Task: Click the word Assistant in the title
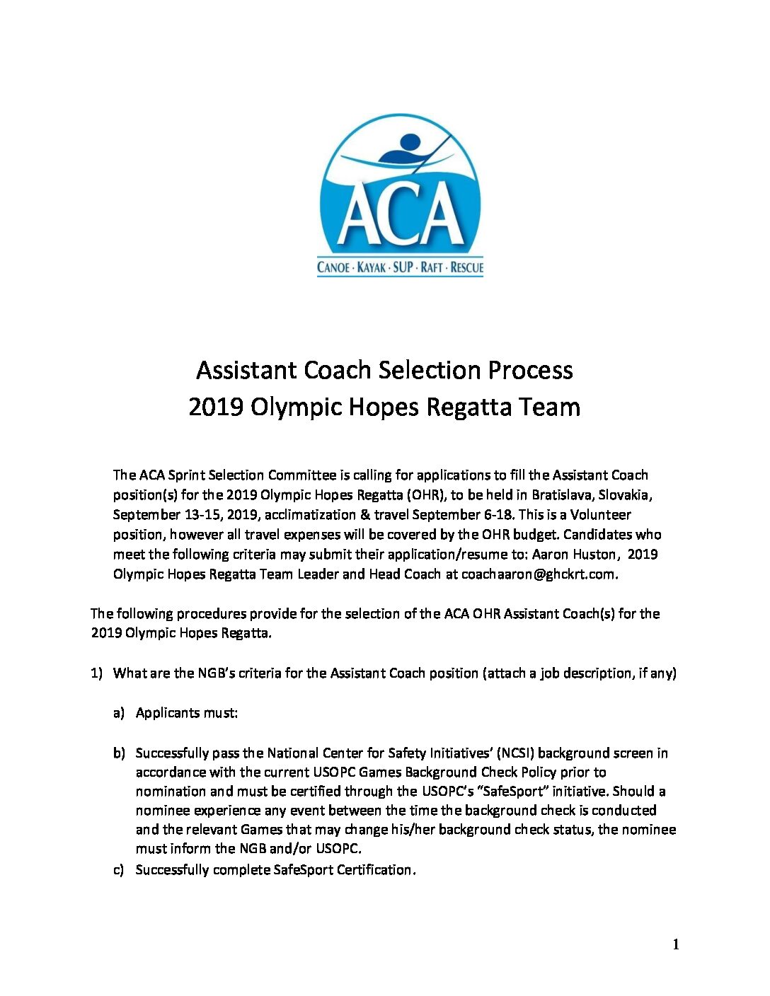pyautogui.click(x=247, y=370)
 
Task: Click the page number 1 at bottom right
pyautogui.click(x=676, y=944)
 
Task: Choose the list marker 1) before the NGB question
pyautogui.click(x=97, y=673)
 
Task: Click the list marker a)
pyautogui.click(x=119, y=712)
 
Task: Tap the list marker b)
pyautogui.click(x=119, y=753)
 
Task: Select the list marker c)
pyautogui.click(x=119, y=869)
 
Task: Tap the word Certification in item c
pyautogui.click(x=374, y=869)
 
